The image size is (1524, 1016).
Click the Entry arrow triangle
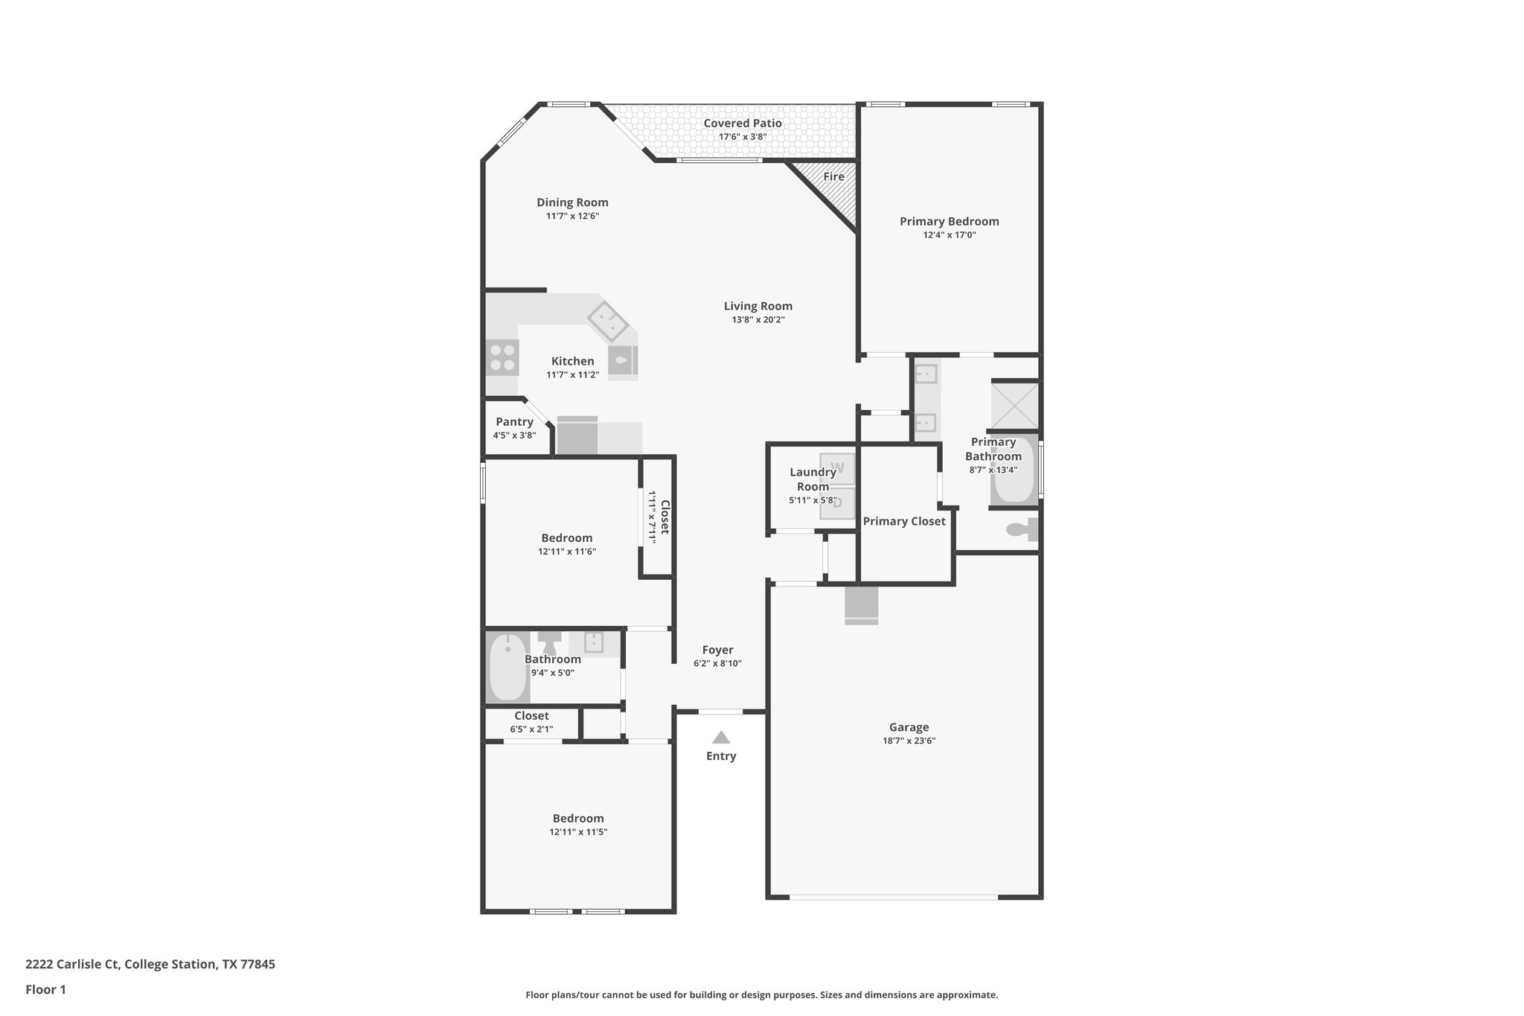pyautogui.click(x=720, y=738)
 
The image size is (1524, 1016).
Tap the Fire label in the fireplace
pyautogui.click(x=833, y=176)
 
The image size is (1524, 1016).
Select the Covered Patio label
pyautogui.click(x=742, y=124)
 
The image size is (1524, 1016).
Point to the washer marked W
pyautogui.click(x=837, y=468)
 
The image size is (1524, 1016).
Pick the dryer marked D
pyautogui.click(x=837, y=502)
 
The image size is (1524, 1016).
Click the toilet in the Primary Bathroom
pyautogui.click(x=1022, y=530)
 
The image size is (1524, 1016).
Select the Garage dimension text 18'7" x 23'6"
pyautogui.click(x=908, y=741)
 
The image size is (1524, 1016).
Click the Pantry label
pyautogui.click(x=514, y=422)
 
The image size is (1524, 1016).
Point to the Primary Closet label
pyautogui.click(x=903, y=521)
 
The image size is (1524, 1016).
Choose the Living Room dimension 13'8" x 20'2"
pyautogui.click(x=758, y=319)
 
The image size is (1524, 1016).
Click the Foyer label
pyautogui.click(x=717, y=650)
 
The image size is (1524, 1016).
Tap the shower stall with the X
pyautogui.click(x=1014, y=405)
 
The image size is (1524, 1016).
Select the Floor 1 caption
pyautogui.click(x=45, y=989)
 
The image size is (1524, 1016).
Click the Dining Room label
pyautogui.click(x=572, y=202)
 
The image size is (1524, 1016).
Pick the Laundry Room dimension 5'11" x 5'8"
pyautogui.click(x=813, y=500)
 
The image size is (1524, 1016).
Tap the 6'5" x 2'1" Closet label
pyautogui.click(x=531, y=729)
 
